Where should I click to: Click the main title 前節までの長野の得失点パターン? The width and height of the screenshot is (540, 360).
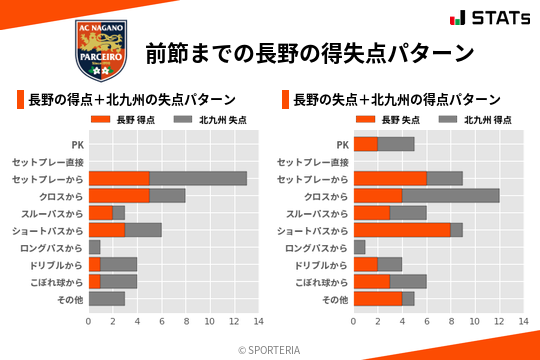[x=309, y=52]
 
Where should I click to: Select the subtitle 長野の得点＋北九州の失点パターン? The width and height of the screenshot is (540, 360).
[x=132, y=100]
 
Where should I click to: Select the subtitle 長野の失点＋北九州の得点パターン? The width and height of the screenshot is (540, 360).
[x=397, y=100]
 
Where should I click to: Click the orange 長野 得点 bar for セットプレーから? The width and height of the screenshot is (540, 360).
[x=119, y=178]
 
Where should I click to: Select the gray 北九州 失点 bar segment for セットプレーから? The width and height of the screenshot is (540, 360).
[x=198, y=178]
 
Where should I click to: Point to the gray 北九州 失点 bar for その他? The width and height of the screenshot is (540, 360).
[x=107, y=299]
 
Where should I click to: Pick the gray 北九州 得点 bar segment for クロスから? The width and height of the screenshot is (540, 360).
[x=450, y=195]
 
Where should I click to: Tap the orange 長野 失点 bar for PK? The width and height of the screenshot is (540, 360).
[x=365, y=144]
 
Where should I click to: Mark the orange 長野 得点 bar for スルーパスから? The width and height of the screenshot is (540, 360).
[x=101, y=213]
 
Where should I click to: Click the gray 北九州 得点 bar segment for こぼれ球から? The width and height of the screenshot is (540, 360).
[x=408, y=282]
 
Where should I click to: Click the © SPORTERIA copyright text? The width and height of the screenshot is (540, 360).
[x=270, y=349]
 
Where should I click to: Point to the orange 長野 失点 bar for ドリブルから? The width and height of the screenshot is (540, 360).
[x=365, y=265]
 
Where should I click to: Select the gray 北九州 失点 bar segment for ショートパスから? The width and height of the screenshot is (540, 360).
[x=143, y=230]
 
